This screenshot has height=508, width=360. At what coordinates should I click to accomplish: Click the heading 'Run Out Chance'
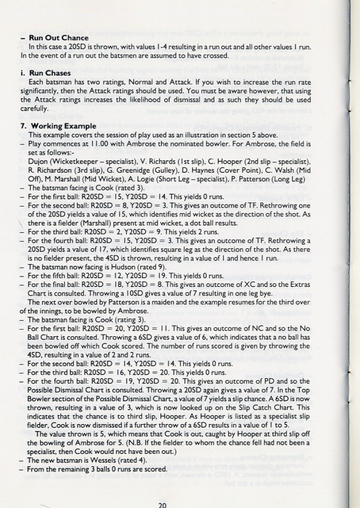(59, 38)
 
